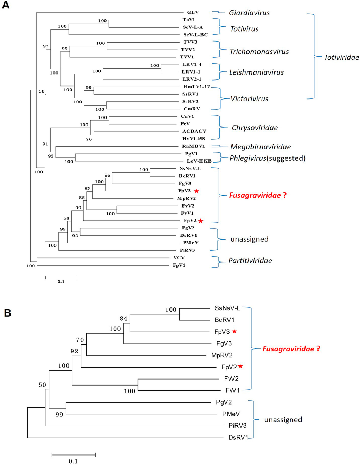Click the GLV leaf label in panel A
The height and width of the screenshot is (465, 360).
pos(193,12)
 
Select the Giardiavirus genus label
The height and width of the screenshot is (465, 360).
pos(249,13)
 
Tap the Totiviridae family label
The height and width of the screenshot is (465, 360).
pos(341,57)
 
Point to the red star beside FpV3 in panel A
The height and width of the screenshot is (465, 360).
pos(197,191)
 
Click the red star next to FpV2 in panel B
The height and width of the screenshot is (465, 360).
pos(240,366)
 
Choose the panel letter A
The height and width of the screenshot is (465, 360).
pos(6,5)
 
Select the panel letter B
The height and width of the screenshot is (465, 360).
pos(7,313)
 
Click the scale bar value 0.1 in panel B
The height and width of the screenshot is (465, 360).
pos(73,461)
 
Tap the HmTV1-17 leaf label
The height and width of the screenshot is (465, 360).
pos(196,87)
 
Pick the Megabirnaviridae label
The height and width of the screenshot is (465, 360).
pos(260,147)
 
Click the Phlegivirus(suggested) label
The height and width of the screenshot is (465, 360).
pos(267,158)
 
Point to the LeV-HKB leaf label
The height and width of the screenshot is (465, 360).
pos(199,161)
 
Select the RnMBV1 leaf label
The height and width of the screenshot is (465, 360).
pos(193,146)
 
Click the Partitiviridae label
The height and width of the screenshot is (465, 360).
pos(250,261)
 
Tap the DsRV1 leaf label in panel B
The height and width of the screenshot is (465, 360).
pos(238,437)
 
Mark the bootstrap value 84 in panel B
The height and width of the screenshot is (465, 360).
pos(123,319)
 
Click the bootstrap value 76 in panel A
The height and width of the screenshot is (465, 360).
pos(89,139)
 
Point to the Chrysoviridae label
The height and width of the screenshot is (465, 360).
pos(255,128)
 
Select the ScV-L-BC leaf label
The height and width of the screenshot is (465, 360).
pos(195,35)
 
